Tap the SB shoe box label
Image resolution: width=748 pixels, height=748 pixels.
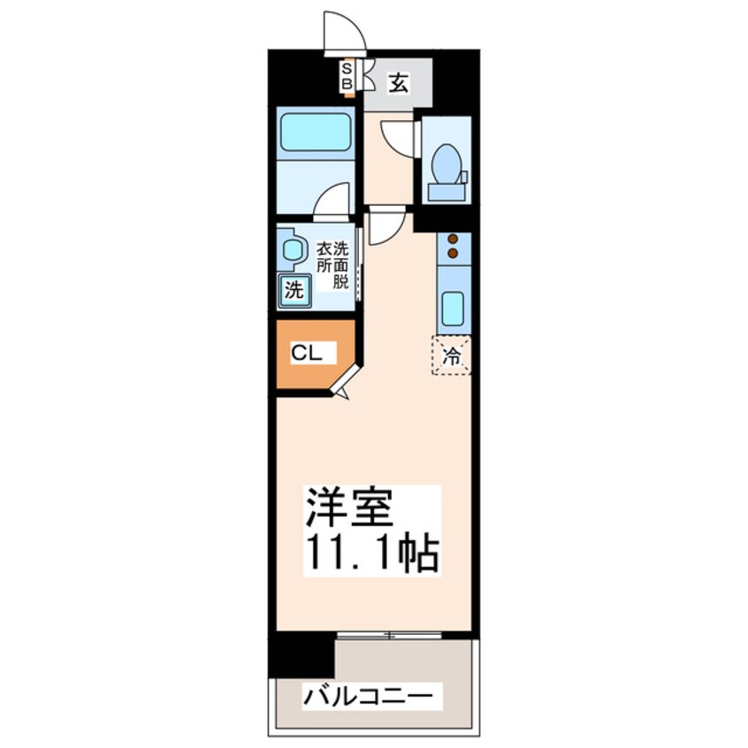pyautogui.click(x=347, y=76)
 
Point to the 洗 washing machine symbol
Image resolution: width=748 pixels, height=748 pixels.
pyautogui.click(x=294, y=288)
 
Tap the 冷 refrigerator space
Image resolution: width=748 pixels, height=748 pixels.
pyautogui.click(x=451, y=355)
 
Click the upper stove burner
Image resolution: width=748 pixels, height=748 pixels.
pyautogui.click(x=453, y=239)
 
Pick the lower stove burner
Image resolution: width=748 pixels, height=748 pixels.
pyautogui.click(x=453, y=254)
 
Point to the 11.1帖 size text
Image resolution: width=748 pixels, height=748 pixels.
pyautogui.click(x=372, y=553)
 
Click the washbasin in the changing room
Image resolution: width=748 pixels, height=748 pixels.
pyautogui.click(x=293, y=251)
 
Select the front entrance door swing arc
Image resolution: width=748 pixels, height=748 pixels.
pyautogui.click(x=344, y=32)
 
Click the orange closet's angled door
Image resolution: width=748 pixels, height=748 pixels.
pyautogui.click(x=347, y=380)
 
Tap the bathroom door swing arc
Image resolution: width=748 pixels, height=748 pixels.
pyautogui.click(x=333, y=200)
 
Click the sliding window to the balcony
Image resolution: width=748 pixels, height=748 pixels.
pyautogui.click(x=389, y=634)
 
